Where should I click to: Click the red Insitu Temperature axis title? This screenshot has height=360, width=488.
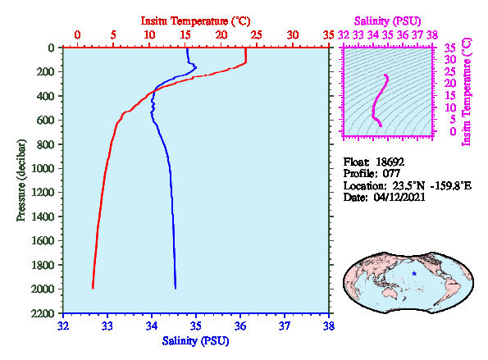(195, 21)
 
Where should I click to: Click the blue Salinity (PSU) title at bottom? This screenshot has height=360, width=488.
(195, 341)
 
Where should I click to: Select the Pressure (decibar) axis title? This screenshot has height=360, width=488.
(21, 180)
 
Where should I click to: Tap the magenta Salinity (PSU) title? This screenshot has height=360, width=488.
(387, 21)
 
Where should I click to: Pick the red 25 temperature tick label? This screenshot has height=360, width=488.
(257, 34)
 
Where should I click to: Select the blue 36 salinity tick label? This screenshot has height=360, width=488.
(240, 326)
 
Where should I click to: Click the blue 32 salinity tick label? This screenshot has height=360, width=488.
(63, 326)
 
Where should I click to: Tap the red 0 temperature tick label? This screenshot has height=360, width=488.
(77, 34)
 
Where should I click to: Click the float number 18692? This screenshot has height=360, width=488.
(390, 162)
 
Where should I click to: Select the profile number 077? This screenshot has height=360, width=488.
(391, 174)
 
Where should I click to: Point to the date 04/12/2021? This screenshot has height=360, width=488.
(399, 198)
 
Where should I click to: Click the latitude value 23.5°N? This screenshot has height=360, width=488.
(408, 186)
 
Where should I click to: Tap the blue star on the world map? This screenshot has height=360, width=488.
(414, 274)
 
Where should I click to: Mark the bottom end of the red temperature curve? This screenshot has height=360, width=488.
(93, 288)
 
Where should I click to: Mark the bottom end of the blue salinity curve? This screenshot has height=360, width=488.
(176, 288)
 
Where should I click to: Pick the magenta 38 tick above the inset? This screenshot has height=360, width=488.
(432, 34)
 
